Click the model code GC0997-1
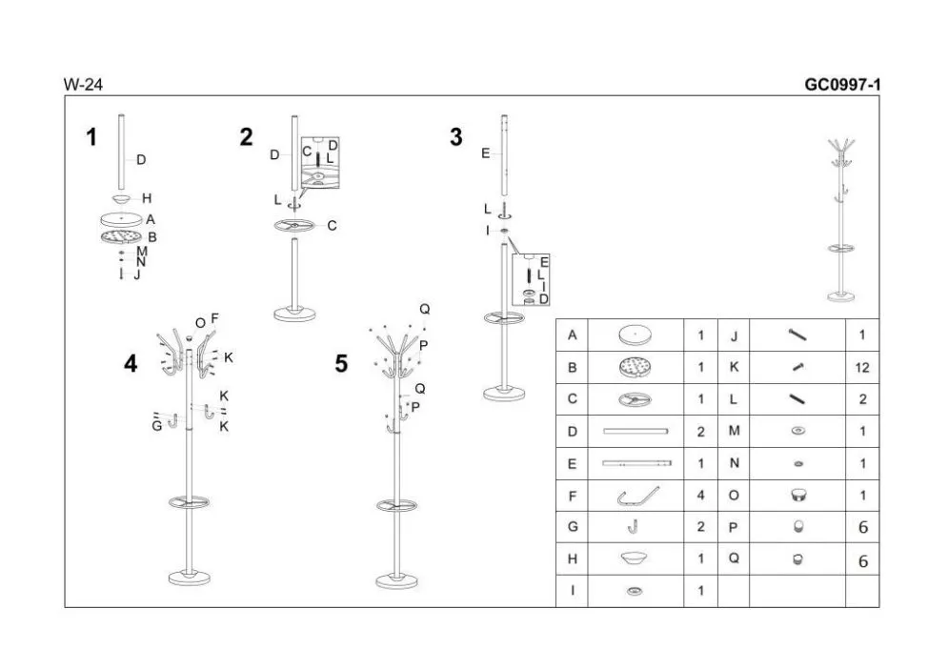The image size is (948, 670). click(x=841, y=84)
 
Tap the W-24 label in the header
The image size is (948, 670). click(x=83, y=85)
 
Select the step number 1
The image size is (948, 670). click(x=91, y=137)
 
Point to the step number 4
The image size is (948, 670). click(x=131, y=364)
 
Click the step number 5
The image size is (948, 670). click(x=342, y=364)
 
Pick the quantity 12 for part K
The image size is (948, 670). click(x=862, y=368)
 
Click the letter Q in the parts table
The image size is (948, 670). click(x=734, y=558)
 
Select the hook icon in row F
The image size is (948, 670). click(x=637, y=497)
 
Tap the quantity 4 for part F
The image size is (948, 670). click(x=700, y=496)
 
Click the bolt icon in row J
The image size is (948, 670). click(x=797, y=335)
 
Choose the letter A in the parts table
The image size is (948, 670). click(x=572, y=335)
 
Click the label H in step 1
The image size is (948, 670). click(x=147, y=198)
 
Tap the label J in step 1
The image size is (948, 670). click(x=137, y=275)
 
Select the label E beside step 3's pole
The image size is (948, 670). click(x=486, y=153)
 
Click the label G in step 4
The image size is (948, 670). click(x=157, y=426)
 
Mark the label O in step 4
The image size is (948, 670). click(x=200, y=324)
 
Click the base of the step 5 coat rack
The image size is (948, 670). click(x=396, y=581)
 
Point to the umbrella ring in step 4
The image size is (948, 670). click(x=190, y=502)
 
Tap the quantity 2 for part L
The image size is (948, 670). click(x=863, y=399)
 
